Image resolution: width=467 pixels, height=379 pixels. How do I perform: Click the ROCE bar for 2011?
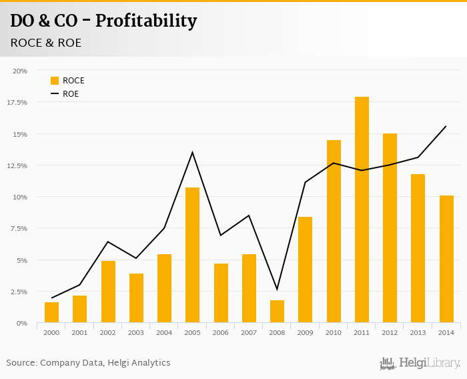(362, 210)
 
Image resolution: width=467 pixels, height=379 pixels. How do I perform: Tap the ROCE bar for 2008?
(277, 312)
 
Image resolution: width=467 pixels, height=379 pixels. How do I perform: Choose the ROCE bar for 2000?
(51, 312)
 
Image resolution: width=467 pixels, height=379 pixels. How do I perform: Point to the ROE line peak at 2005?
(192, 153)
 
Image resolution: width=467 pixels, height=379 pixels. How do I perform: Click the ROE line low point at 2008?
(277, 289)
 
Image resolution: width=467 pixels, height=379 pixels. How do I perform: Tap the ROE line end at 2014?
(446, 126)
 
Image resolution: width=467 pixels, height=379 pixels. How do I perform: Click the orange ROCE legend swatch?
(55, 81)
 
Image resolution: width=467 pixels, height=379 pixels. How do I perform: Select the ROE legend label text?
(71, 94)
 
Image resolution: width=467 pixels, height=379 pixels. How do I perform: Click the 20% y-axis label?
(20, 71)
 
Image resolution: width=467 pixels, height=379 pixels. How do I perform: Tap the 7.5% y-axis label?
(18, 228)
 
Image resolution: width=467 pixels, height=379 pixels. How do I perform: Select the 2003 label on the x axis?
(135, 332)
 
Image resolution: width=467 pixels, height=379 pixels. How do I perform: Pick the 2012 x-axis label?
(390, 332)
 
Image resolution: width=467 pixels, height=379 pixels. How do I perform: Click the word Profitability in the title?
(146, 21)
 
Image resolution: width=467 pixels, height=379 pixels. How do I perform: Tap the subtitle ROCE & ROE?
(45, 43)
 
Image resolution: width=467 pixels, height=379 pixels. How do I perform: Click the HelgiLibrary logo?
(420, 363)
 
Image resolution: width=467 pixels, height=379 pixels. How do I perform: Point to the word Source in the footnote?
(21, 363)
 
